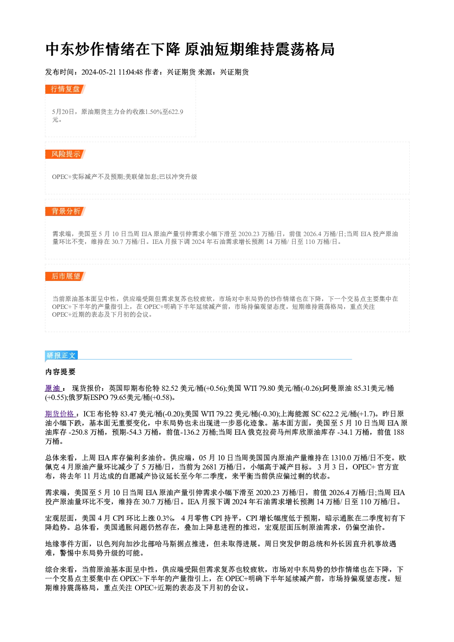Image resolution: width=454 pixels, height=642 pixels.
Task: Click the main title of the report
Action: pos(190,49)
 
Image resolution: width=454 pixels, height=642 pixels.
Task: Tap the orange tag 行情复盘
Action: pos(65,89)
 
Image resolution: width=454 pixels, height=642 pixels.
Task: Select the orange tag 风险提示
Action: pos(65,154)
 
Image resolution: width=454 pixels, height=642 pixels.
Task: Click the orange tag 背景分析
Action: pos(65,211)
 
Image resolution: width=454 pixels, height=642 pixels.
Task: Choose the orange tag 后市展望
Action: pos(65,276)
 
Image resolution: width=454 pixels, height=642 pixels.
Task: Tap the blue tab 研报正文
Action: pos(61,356)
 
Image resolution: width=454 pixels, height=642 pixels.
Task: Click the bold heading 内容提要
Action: pos(60,372)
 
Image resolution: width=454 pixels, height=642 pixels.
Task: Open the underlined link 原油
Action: pos(53,388)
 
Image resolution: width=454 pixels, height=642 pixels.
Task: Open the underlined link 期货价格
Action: pos(60,414)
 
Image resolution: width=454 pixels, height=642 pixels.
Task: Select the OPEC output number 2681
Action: pos(210,467)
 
